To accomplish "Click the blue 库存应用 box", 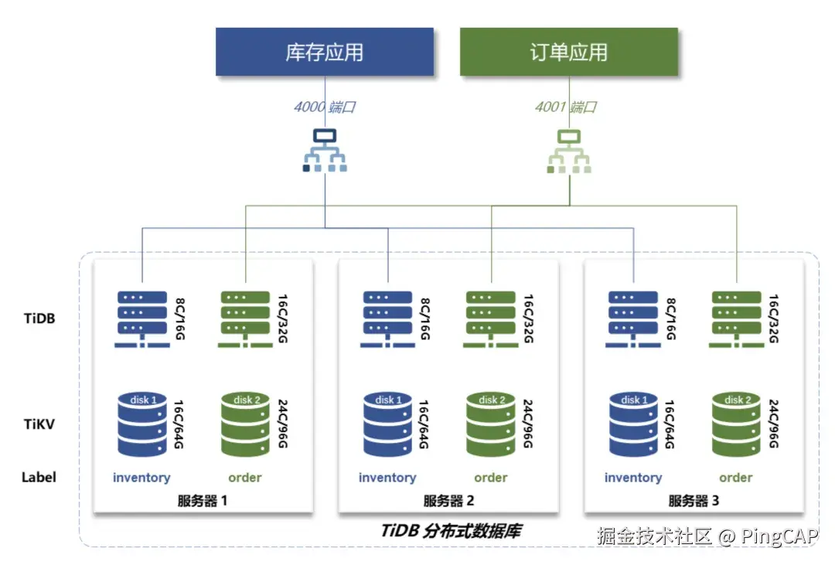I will tap(324, 53).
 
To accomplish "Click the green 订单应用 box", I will tap(568, 53).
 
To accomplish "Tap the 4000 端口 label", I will tap(324, 107).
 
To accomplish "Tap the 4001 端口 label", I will tap(566, 107).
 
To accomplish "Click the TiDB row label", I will tap(39, 318).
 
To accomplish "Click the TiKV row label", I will tap(39, 424).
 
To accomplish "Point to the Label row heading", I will tap(39, 477).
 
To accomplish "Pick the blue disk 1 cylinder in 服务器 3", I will tap(633, 424).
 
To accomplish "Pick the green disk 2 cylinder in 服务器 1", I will tap(245, 424).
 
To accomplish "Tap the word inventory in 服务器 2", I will tap(387, 478).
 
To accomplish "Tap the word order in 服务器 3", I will tap(735, 478).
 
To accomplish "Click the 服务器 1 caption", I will tap(203, 501).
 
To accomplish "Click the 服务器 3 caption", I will tap(694, 501).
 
